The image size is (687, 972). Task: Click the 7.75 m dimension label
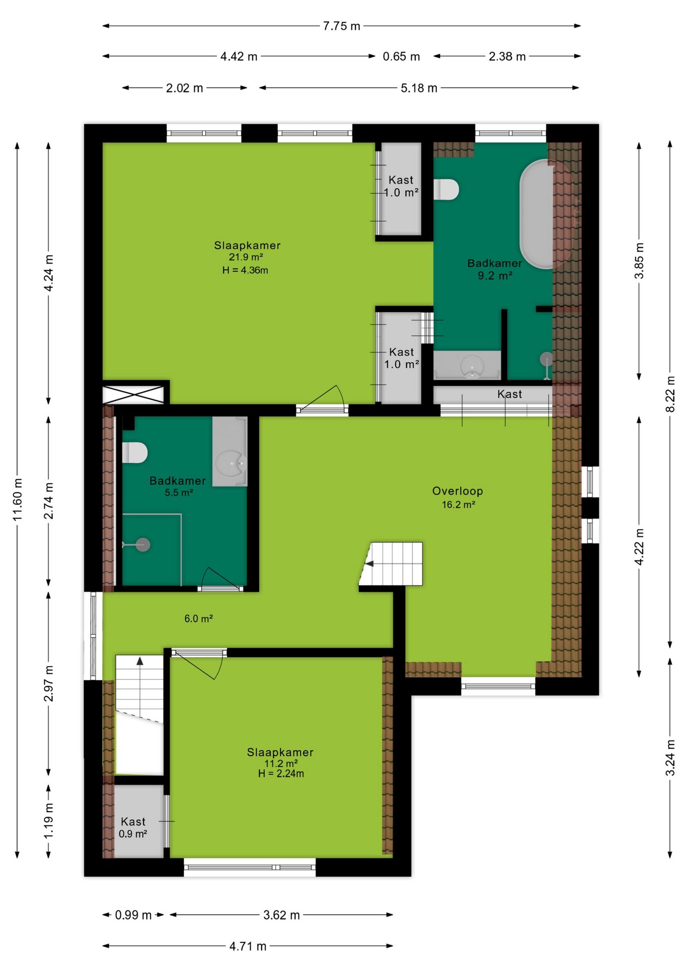pyautogui.click(x=341, y=26)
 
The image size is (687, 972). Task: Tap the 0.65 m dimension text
pyautogui.click(x=401, y=56)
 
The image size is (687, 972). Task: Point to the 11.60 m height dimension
pyautogui.click(x=18, y=499)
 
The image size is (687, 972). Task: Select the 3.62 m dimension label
pyautogui.click(x=281, y=915)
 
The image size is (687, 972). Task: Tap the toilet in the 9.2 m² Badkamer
pyautogui.click(x=446, y=189)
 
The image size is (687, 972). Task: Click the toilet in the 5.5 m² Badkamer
pyautogui.click(x=135, y=453)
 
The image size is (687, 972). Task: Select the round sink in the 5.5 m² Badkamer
pyautogui.click(x=230, y=462)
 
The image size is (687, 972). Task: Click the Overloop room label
pyautogui.click(x=457, y=491)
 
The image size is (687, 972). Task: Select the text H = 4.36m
pyautogui.click(x=245, y=270)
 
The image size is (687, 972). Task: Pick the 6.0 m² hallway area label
pyautogui.click(x=198, y=619)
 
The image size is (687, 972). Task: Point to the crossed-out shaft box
pyautogui.click(x=134, y=395)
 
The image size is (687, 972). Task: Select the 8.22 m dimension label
pyautogui.click(x=670, y=394)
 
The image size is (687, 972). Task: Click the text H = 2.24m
pyautogui.click(x=281, y=774)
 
